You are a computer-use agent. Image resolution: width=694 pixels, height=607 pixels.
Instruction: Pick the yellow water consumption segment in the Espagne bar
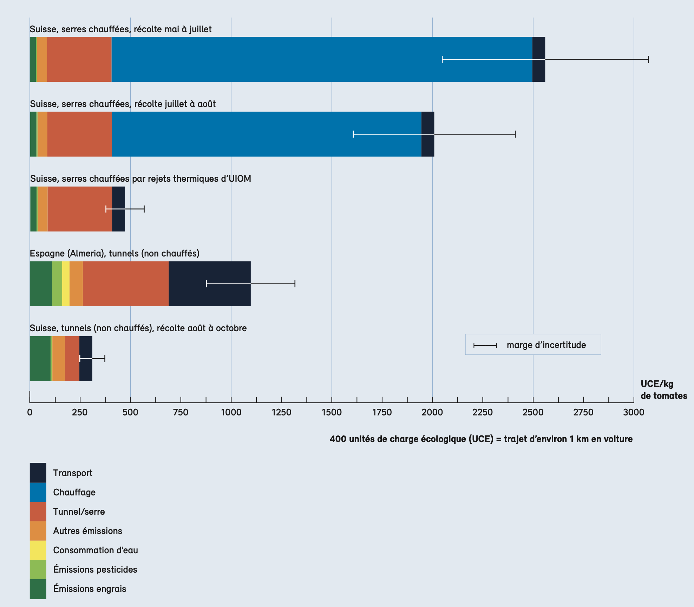point(66,284)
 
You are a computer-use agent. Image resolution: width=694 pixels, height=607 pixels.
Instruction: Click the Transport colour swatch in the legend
point(38,473)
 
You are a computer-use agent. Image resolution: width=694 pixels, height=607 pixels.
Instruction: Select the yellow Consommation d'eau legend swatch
point(38,550)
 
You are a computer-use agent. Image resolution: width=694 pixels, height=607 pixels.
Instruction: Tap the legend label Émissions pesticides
point(95,569)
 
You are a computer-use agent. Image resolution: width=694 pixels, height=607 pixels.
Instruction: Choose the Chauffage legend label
point(74,492)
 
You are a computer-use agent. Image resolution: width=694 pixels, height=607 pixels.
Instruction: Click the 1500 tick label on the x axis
point(332,412)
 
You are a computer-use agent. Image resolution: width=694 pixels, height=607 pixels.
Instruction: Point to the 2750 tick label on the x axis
point(583,412)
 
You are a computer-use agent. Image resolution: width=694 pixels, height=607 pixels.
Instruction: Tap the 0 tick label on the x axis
point(30,412)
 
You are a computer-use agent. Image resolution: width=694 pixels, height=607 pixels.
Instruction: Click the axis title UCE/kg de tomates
point(663,390)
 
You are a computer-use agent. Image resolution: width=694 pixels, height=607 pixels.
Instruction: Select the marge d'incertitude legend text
point(546,345)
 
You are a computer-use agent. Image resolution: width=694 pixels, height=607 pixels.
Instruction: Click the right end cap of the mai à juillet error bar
point(648,59)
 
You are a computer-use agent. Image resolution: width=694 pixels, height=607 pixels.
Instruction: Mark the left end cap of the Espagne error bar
point(207,284)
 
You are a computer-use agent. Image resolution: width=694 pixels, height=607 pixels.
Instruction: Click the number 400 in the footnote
point(338,439)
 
